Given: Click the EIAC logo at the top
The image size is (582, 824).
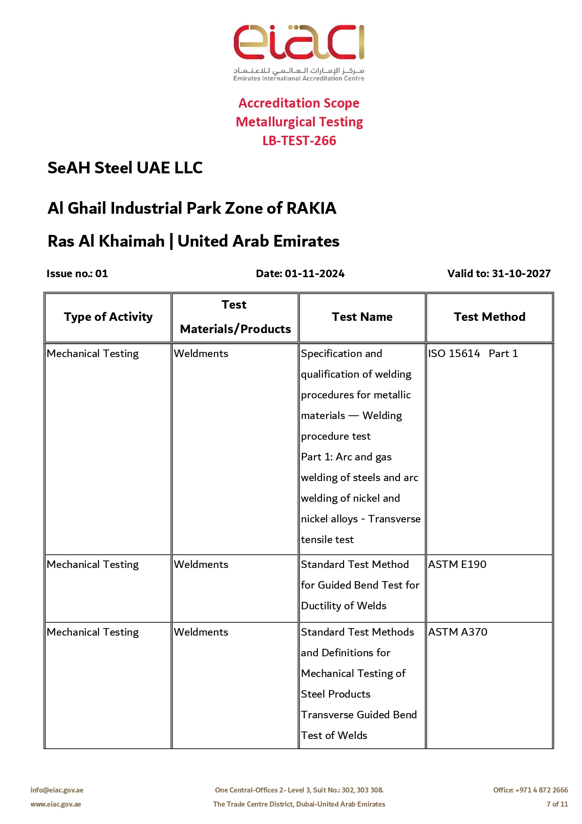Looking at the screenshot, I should pyautogui.click(x=299, y=52).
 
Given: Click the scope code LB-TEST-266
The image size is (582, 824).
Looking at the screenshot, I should pyautogui.click(x=299, y=140).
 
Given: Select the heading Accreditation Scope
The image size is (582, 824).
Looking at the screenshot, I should pyautogui.click(x=299, y=103).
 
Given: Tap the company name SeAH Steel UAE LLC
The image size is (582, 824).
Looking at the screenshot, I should pyautogui.click(x=125, y=168).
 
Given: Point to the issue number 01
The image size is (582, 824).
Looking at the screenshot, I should pyautogui.click(x=101, y=273).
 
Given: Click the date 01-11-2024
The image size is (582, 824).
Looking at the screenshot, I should pyautogui.click(x=314, y=273).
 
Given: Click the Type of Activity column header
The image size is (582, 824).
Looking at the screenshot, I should pyautogui.click(x=108, y=317).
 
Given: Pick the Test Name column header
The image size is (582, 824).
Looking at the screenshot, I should pyautogui.click(x=362, y=317).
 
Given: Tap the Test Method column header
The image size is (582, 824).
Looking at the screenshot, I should pyautogui.click(x=490, y=317).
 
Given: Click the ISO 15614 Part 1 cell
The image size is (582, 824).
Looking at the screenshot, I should pyautogui.click(x=473, y=354).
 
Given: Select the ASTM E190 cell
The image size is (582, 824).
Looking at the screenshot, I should pyautogui.click(x=457, y=565).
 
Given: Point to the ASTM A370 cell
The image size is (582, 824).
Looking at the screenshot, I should pyautogui.click(x=458, y=632).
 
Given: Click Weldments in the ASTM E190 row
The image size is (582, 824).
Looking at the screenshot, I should pyautogui.click(x=201, y=565).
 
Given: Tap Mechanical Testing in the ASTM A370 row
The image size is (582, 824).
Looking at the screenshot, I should pyautogui.click(x=93, y=632).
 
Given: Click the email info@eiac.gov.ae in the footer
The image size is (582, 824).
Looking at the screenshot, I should pyautogui.click(x=57, y=790).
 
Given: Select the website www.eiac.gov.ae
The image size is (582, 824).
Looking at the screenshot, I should pyautogui.click(x=56, y=804).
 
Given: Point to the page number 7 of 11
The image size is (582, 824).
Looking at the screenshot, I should pyautogui.click(x=557, y=804).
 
